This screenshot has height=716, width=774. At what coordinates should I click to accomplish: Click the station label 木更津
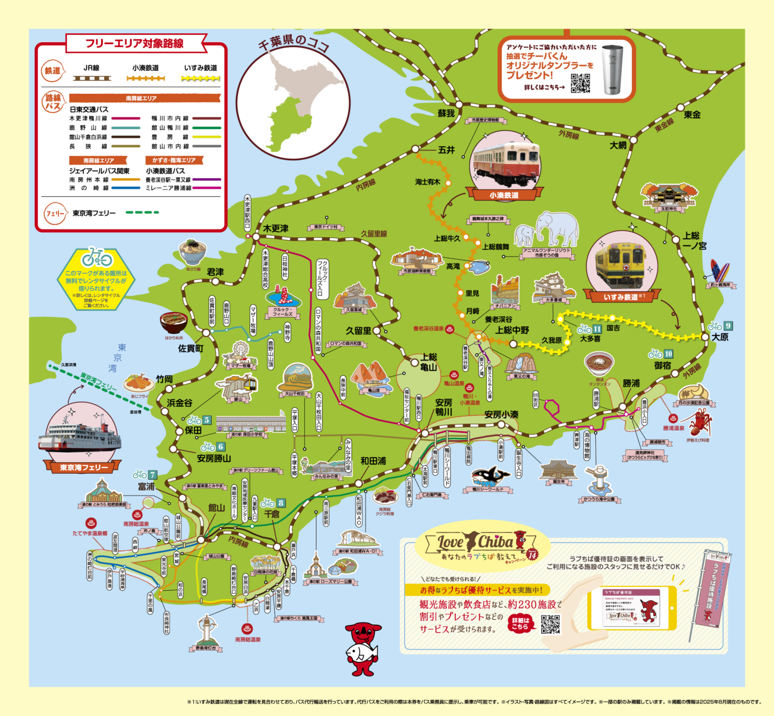(x=276, y=228)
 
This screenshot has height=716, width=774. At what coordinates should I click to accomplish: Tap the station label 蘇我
(x=446, y=113)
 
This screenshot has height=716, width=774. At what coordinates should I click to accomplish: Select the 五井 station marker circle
(x=415, y=149)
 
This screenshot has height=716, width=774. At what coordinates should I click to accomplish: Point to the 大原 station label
(x=720, y=337)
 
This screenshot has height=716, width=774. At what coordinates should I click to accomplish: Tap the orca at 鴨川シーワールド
(x=490, y=476)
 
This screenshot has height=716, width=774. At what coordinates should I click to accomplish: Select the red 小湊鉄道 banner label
(x=504, y=195)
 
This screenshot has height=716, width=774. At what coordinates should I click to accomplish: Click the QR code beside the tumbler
(x=580, y=83)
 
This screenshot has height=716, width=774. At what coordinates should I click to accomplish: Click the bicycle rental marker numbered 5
(x=199, y=420)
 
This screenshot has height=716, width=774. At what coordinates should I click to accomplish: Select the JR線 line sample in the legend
(x=92, y=78)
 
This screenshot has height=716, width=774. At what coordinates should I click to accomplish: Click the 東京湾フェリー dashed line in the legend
(x=142, y=212)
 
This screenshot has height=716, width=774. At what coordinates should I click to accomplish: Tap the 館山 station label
(x=216, y=508)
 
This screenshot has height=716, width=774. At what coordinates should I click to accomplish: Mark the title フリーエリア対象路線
(x=135, y=43)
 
